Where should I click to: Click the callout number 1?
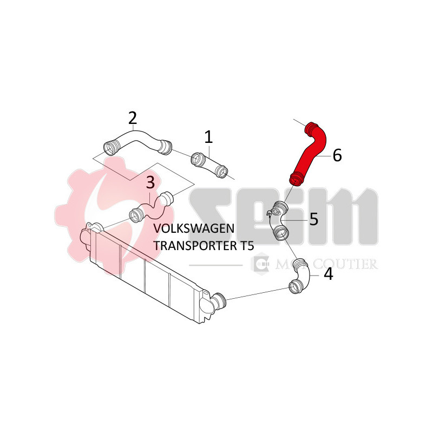[x=209, y=137]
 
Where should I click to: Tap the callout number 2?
[x=132, y=117]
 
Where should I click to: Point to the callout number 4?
[x=328, y=274]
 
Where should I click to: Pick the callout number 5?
[x=313, y=219]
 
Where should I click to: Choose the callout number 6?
[x=337, y=155]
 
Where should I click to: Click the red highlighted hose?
[x=310, y=150]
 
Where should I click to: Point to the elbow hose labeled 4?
[x=299, y=277]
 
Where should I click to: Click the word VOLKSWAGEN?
[x=194, y=229]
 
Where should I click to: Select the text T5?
[x=245, y=245]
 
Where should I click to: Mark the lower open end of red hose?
[x=296, y=177]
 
